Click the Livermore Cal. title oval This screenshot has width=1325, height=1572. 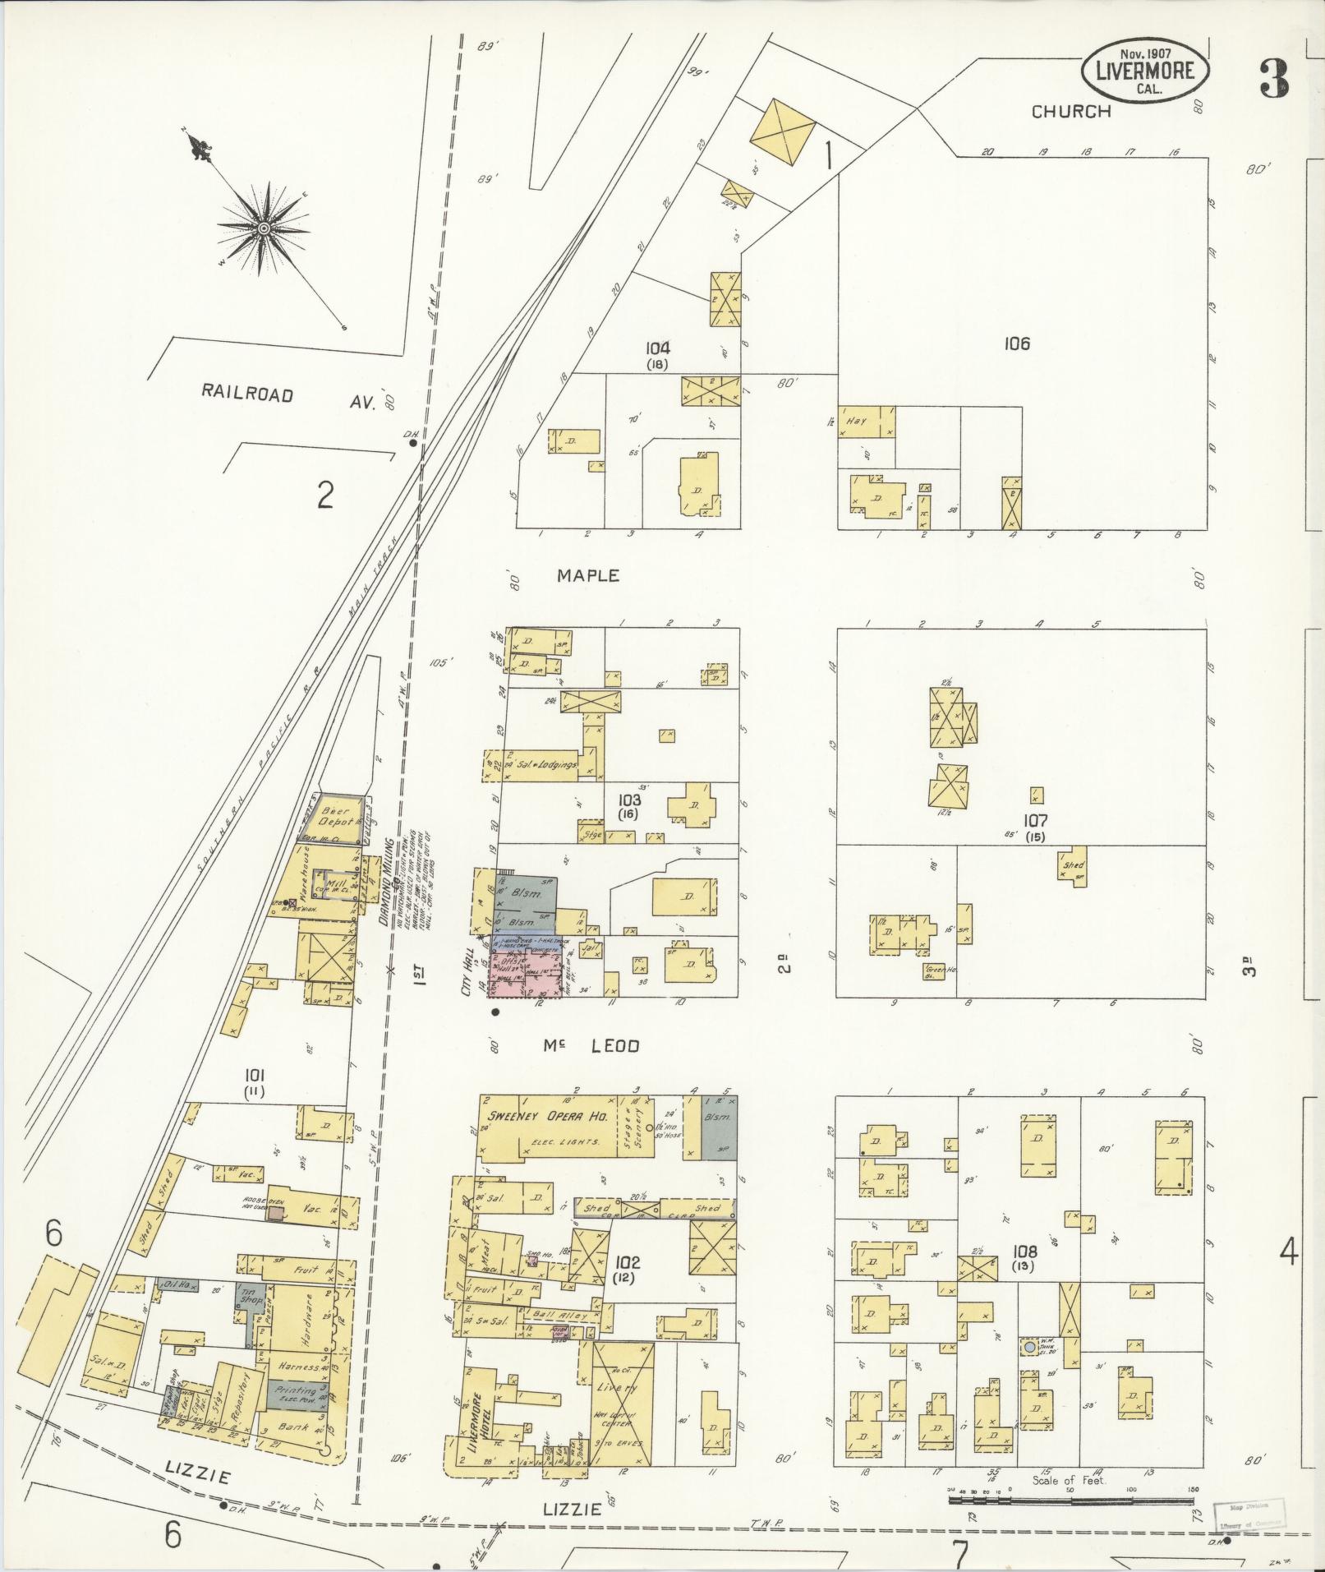pos(1143,71)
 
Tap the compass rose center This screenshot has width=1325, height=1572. pos(265,228)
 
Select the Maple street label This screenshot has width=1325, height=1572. pos(587,576)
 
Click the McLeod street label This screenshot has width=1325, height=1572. pos(590,1046)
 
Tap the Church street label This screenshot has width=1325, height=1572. pos(1071,112)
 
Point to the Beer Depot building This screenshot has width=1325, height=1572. pos(336,816)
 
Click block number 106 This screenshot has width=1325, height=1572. pos(1016,344)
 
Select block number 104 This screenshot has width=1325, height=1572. pos(657,348)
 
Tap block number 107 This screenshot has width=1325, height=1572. pos(1035,820)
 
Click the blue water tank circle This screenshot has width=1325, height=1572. pos(1029,1348)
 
